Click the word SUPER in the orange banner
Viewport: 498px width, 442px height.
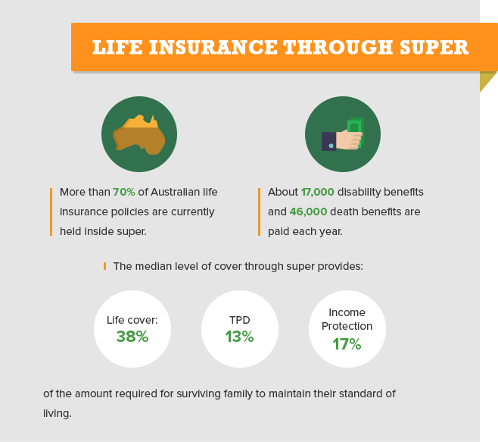tap(434, 47)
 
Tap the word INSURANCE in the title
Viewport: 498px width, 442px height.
tap(213, 47)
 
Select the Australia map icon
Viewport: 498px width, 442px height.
tap(139, 135)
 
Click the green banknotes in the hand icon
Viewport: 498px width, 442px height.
tap(356, 131)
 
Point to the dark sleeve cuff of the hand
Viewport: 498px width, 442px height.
tap(328, 141)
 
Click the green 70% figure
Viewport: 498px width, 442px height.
tap(124, 193)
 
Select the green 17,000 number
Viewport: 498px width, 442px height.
tap(318, 193)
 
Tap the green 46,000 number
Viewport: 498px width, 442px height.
tap(308, 212)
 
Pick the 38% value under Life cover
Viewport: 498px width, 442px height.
tap(132, 337)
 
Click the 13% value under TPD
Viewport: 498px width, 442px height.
tap(239, 337)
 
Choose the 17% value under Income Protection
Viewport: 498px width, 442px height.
tap(347, 344)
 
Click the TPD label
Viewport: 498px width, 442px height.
tap(240, 320)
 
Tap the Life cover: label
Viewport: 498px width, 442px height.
tap(132, 320)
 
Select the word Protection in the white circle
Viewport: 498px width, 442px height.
tap(347, 326)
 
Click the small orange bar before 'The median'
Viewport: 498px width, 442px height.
tap(104, 266)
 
